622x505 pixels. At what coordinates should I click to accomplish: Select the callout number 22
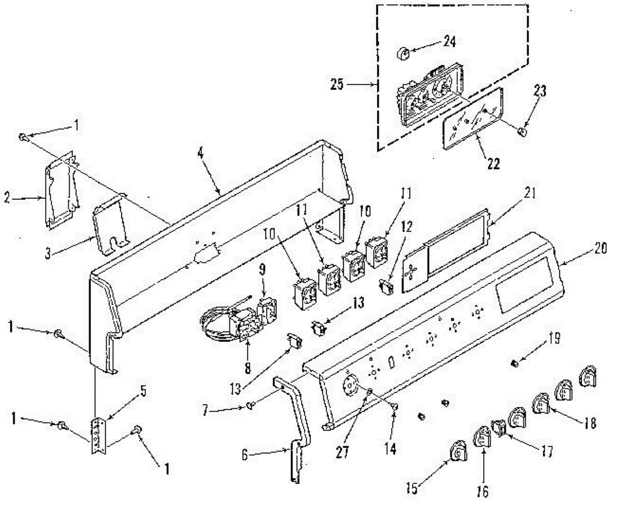click(x=493, y=164)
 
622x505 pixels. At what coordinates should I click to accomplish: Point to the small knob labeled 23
click(x=522, y=133)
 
